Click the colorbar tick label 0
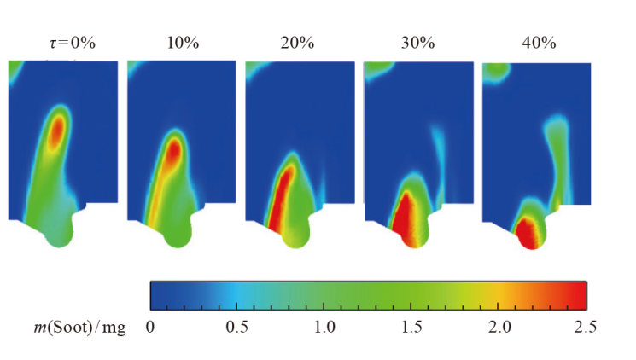tap(151, 327)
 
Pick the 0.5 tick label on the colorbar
tap(236, 327)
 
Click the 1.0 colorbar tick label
tap(323, 327)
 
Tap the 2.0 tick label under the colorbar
tap(499, 327)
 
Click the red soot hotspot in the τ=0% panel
tap(57, 130)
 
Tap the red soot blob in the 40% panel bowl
tap(528, 231)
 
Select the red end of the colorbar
tap(576, 294)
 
